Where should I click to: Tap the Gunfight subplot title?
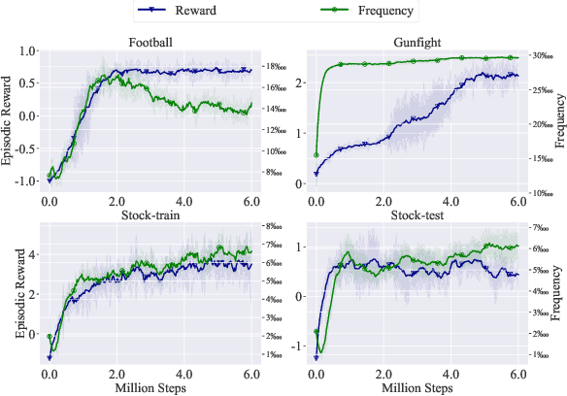click(417, 42)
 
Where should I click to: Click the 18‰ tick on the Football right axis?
click(278, 67)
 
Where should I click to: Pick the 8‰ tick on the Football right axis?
click(276, 173)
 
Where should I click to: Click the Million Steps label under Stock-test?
click(417, 387)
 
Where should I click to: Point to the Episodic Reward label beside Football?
click(9, 116)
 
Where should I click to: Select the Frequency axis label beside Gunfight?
click(559, 116)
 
